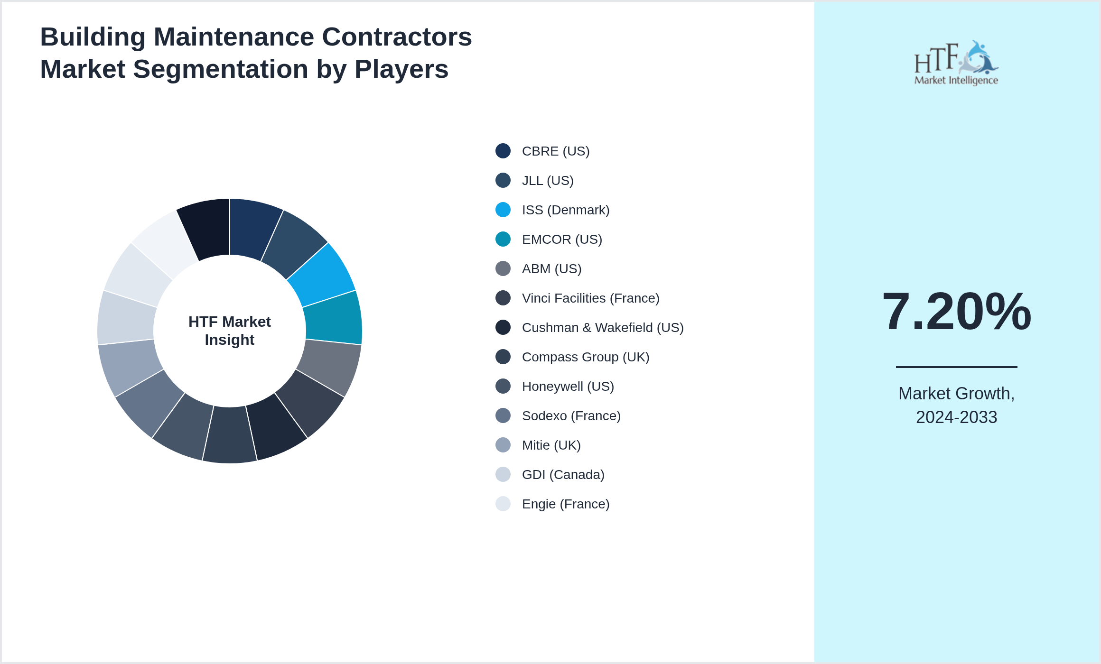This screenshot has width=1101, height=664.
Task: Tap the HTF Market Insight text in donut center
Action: point(230,331)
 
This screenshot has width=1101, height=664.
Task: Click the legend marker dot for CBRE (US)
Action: point(503,151)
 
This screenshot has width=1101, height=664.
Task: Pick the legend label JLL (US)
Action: point(548,181)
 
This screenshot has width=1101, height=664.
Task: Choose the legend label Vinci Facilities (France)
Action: point(590,298)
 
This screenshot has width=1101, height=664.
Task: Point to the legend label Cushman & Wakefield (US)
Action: point(603,328)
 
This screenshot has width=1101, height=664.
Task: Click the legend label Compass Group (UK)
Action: point(586,357)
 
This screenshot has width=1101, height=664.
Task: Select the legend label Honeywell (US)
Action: point(568,387)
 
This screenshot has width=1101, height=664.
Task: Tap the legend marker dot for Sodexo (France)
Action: point(503,415)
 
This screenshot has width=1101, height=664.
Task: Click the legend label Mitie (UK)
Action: point(551,445)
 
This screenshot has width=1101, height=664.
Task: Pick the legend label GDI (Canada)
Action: point(563,475)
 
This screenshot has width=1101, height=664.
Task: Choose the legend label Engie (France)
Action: point(566,504)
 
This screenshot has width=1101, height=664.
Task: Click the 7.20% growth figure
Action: point(956,312)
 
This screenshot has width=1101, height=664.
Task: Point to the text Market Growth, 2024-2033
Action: point(956,405)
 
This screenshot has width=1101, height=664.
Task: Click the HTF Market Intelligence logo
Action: point(956,63)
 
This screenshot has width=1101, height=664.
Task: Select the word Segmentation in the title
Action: point(221,69)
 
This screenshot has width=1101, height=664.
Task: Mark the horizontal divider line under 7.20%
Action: point(956,367)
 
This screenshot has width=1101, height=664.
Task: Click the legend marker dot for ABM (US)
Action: point(503,268)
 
